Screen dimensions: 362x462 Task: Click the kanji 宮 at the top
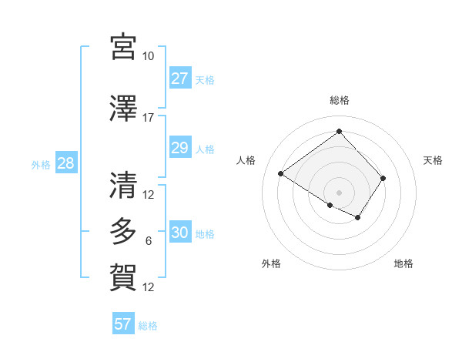pyautogui.click(x=123, y=47)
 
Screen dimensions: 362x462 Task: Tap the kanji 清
pyautogui.click(x=123, y=186)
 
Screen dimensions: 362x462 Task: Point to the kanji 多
pyautogui.click(x=123, y=232)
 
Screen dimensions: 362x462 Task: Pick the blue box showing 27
pyautogui.click(x=179, y=79)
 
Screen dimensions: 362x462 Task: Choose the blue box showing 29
pyautogui.click(x=179, y=149)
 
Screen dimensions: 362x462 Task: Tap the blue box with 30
pyautogui.click(x=179, y=233)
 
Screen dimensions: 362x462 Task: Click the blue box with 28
pyautogui.click(x=65, y=163)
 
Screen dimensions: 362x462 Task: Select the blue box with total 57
pyautogui.click(x=123, y=324)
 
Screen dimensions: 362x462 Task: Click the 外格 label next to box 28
pyautogui.click(x=41, y=164)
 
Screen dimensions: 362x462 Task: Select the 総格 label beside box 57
pyautogui.click(x=148, y=326)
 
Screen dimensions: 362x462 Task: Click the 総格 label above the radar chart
pyautogui.click(x=339, y=100)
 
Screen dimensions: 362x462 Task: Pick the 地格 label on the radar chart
pyautogui.click(x=403, y=263)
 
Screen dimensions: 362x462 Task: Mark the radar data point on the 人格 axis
pyautogui.click(x=281, y=174)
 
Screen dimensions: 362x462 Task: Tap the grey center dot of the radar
pyautogui.click(x=339, y=192)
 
